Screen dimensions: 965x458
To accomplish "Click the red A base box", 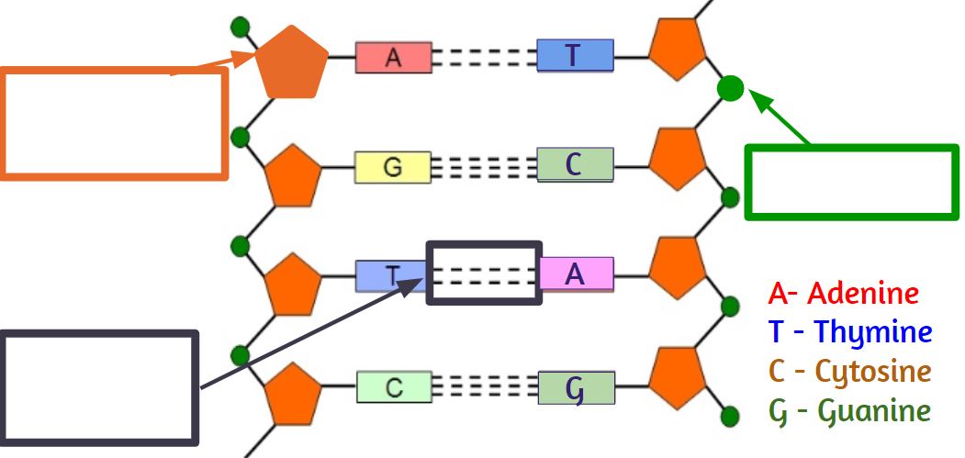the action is tap(393, 57).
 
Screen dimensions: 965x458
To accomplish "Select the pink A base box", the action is tap(576, 274).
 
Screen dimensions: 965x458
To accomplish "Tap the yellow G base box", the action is tap(392, 167).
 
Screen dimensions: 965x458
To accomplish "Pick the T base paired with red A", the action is tap(575, 55).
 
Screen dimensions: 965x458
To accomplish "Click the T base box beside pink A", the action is tap(391, 275).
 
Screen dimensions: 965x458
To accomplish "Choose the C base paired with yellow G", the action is tap(575, 164).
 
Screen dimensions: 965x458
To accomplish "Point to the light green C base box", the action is tap(394, 386).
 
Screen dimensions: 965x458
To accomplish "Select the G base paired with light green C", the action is tap(576, 387).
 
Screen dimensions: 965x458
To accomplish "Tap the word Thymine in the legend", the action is tap(874, 333).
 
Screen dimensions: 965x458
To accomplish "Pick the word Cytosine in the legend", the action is tap(873, 372).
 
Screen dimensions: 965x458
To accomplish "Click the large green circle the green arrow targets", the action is tap(731, 88).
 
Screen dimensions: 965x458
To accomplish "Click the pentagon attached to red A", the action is tap(292, 62).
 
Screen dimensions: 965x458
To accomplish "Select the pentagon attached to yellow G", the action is tap(293, 176).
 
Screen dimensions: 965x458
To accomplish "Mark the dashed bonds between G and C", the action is tap(484, 167).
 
